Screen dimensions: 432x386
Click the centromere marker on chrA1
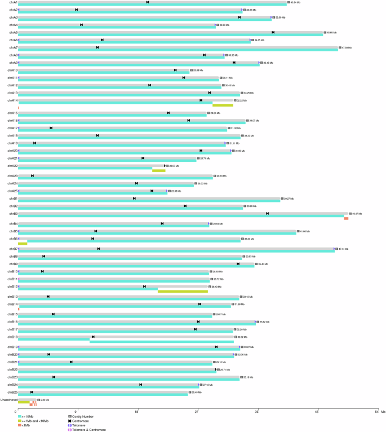[x=148, y=2]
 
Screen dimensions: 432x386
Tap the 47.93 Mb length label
[x=346, y=48]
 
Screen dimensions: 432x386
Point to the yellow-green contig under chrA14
[x=223, y=105]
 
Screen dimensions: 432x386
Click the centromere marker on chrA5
[x=273, y=32]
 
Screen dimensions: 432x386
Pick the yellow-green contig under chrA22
[x=158, y=170]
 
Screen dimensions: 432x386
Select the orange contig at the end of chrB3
[x=346, y=218]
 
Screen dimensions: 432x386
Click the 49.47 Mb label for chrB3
[x=356, y=214]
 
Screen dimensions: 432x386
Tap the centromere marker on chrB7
[x=99, y=249]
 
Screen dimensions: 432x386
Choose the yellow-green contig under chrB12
[x=183, y=291]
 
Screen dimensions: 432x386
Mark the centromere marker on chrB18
[x=93, y=337]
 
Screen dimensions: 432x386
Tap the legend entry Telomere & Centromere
[x=89, y=430]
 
